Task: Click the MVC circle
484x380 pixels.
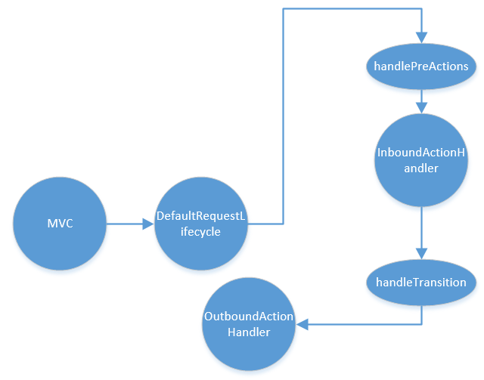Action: [60, 224]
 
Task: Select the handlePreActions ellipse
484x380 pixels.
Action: [420, 66]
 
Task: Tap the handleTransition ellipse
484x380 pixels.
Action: [420, 282]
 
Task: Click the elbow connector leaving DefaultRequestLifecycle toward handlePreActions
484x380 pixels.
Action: [283, 113]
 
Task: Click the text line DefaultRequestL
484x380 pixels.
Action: [200, 217]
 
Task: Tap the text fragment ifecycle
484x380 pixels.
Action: [200, 232]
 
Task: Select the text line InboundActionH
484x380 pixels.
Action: [420, 153]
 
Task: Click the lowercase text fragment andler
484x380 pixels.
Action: [420, 168]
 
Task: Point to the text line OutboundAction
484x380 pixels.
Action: [248, 317]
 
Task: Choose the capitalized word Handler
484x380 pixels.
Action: [248, 332]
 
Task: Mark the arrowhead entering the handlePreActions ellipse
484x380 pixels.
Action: [420, 38]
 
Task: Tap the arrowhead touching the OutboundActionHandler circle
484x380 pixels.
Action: [302, 325]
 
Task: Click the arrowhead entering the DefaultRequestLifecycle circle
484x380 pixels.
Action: [147, 224]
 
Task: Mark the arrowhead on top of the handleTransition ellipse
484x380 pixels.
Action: [420, 256]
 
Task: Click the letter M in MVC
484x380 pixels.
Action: [51, 224]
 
